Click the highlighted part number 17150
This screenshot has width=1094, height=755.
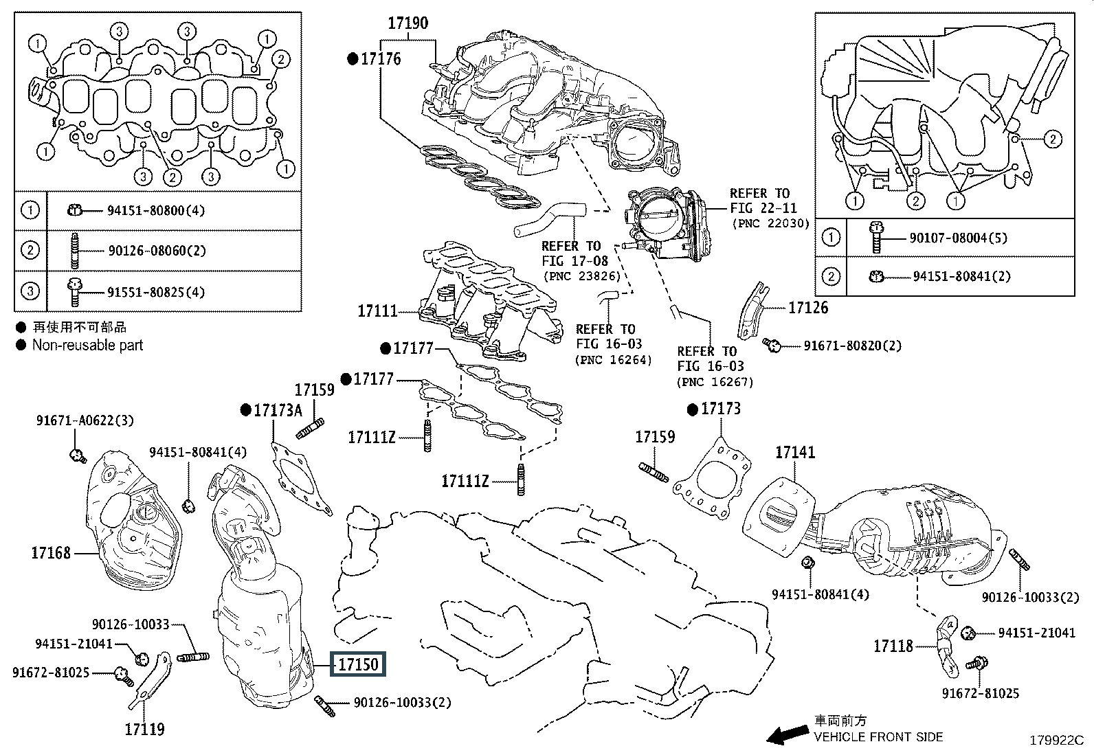[358, 664]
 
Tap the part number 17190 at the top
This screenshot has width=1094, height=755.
[408, 23]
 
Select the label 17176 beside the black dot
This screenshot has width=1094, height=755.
[381, 59]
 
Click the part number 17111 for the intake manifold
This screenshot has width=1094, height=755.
[377, 311]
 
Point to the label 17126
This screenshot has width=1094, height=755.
[807, 308]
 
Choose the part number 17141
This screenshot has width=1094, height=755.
[795, 452]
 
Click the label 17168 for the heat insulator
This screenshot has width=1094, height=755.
[51, 552]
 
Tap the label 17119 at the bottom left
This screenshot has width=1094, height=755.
[145, 729]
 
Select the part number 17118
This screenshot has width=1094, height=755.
[893, 646]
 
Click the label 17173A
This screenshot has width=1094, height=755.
[278, 410]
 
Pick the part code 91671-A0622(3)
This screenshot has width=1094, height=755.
[85, 419]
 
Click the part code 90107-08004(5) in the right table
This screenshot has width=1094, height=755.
[958, 238]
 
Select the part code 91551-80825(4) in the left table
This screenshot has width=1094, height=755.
[156, 292]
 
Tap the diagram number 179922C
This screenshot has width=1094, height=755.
[1056, 741]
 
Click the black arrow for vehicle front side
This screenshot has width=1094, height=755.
[788, 735]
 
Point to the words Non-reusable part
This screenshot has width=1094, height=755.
[87, 345]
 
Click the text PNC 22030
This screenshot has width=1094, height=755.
[771, 223]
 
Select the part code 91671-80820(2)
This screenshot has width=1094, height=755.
[852, 346]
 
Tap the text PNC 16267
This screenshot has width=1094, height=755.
[715, 382]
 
